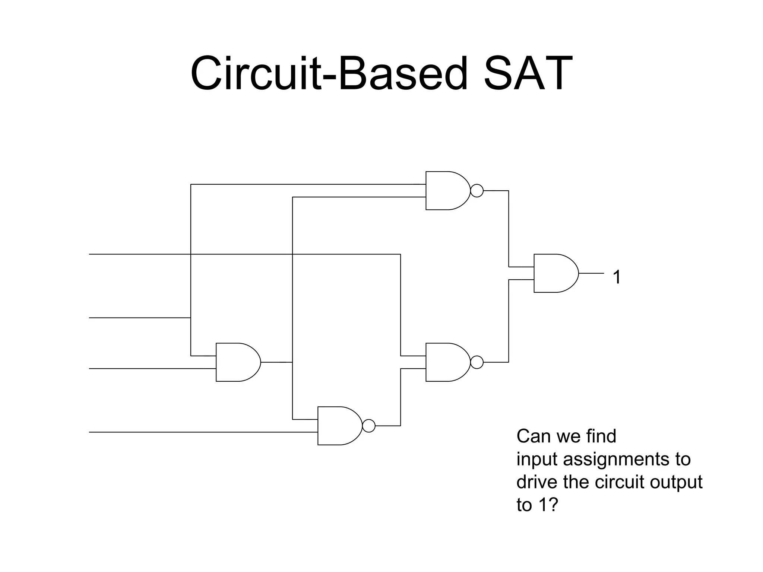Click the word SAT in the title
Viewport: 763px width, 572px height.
point(528,73)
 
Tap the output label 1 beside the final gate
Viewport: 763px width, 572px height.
point(617,277)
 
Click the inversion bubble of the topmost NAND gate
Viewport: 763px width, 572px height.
point(477,191)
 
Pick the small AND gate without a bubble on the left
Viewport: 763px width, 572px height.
point(236,362)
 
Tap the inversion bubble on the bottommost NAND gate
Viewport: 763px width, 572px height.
point(369,426)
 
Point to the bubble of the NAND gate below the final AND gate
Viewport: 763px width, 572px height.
point(477,362)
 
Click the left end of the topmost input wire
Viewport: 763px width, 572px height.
point(90,254)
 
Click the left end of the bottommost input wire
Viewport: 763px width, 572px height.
point(90,432)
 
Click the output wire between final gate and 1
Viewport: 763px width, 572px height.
point(592,273)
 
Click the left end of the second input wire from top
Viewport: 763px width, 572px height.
point(90,318)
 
